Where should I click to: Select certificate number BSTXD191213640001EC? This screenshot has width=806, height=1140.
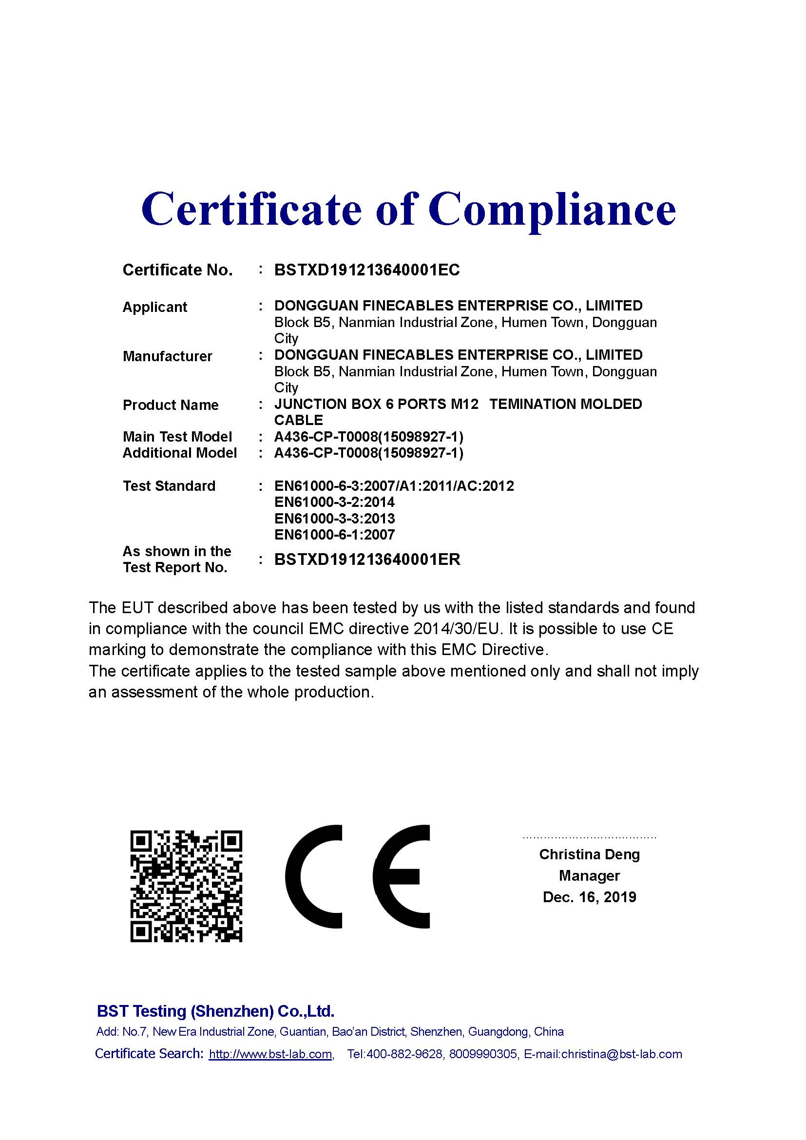click(x=367, y=270)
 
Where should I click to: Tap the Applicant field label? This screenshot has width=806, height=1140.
click(x=155, y=307)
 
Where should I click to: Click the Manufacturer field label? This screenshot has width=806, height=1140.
click(x=167, y=356)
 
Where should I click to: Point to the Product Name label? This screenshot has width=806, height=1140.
click(x=170, y=405)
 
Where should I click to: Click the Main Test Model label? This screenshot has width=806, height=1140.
click(x=177, y=437)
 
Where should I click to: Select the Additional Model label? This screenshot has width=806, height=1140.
click(x=180, y=453)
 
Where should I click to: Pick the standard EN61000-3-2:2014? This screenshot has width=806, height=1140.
click(x=334, y=502)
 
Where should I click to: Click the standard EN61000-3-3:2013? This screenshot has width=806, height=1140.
click(x=334, y=519)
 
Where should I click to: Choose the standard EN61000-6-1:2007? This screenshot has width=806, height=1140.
click(x=334, y=535)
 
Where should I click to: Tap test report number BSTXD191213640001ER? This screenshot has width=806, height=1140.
click(x=367, y=560)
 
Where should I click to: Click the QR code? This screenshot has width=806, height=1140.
click(x=186, y=886)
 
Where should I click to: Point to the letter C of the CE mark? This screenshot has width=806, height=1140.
click(x=314, y=877)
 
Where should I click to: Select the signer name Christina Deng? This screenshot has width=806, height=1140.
click(x=590, y=854)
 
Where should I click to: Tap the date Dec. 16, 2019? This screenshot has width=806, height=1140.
click(x=590, y=897)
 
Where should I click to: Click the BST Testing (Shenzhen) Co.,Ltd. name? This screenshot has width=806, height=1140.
click(x=215, y=1011)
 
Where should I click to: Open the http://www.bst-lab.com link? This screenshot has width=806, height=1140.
click(x=270, y=1054)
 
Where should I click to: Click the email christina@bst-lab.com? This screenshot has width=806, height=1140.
click(x=621, y=1054)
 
